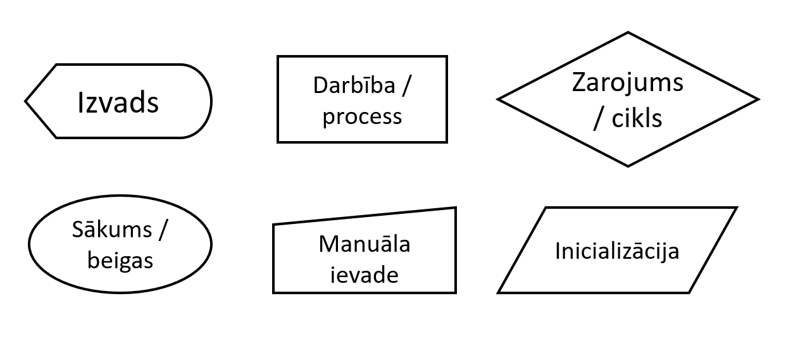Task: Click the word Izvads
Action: (118, 102)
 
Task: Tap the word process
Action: (362, 116)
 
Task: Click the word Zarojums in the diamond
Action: (627, 83)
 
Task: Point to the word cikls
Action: (637, 118)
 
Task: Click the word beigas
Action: (120, 259)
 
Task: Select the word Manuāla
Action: (365, 244)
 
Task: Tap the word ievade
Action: (364, 275)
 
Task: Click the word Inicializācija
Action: (617, 251)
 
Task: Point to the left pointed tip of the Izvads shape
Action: (26, 101)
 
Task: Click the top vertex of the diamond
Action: (628, 33)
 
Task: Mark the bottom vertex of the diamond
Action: (628, 166)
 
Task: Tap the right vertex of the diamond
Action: (758, 99)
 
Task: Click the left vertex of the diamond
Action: (498, 99)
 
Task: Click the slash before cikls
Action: (597, 120)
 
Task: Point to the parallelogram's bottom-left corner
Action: (499, 292)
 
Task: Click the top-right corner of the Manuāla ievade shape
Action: (456, 208)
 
